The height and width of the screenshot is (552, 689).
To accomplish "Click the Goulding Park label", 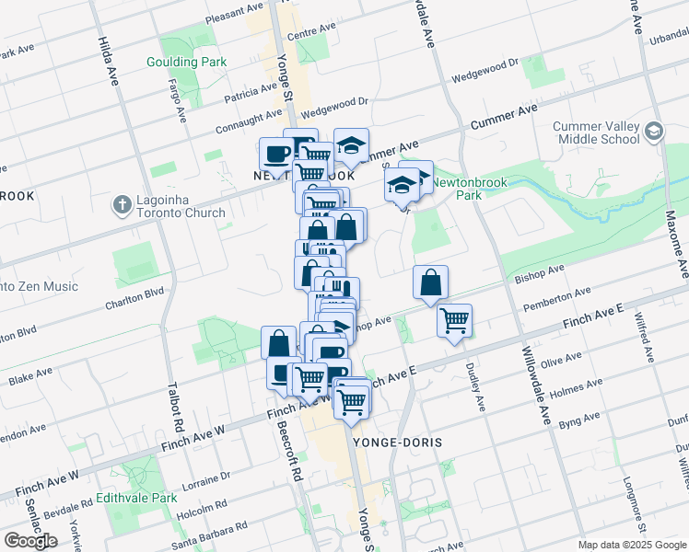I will pos(186,63).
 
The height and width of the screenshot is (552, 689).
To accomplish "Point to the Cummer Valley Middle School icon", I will pos(654,131).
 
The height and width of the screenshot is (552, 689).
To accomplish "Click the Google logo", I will pos(29,541).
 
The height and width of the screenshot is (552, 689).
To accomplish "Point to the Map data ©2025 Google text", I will pos(632,545).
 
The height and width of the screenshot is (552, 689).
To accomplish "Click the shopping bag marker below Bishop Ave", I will pos(430,282).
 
